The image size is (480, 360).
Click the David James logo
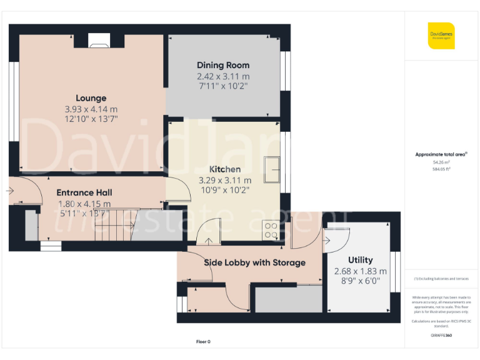click(x=441, y=36)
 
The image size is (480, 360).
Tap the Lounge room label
click(x=91, y=98)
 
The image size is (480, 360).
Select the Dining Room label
click(x=223, y=65)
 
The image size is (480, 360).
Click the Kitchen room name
click(x=224, y=169)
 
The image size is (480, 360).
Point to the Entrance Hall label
click(x=84, y=192)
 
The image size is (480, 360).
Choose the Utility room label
click(x=360, y=260)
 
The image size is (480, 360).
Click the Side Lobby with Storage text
click(x=255, y=262)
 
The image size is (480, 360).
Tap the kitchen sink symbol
click(x=272, y=169)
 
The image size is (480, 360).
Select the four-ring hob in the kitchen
click(x=272, y=231)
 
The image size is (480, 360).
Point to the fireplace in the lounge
click(x=99, y=42)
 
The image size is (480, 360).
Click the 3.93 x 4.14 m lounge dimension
click(x=91, y=109)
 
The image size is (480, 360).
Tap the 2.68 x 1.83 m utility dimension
click(x=360, y=271)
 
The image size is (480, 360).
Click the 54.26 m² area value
click(x=441, y=162)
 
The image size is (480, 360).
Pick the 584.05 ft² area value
click(x=441, y=169)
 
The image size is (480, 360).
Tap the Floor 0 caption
click(x=204, y=342)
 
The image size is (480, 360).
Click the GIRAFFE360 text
click(x=441, y=336)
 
